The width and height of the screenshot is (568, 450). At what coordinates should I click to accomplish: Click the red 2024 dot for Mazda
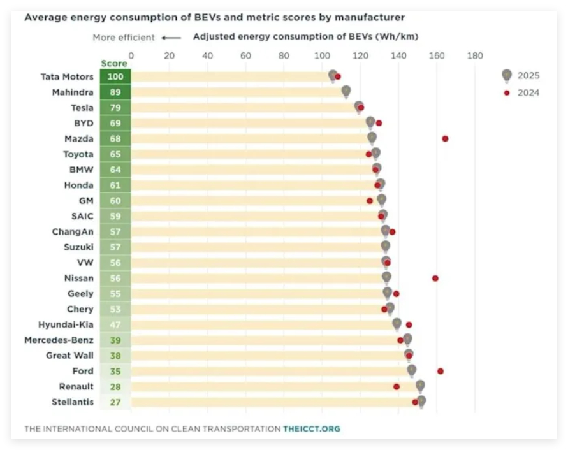point(445,139)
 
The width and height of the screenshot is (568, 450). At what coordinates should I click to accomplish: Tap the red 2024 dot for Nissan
point(435,279)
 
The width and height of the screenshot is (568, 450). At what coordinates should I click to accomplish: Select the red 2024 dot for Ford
point(440,371)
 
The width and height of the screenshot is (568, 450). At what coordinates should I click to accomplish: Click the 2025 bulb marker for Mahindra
point(346,92)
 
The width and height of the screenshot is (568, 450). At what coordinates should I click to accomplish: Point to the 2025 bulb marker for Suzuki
point(386,247)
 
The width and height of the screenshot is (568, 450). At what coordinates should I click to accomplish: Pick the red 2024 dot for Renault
point(397,387)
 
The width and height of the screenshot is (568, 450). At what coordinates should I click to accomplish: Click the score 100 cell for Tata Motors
point(115,76)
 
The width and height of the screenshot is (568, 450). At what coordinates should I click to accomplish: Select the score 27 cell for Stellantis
point(115,402)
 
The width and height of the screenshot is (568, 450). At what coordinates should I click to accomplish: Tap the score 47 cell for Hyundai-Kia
point(115,324)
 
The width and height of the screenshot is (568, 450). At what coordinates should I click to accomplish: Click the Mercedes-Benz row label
point(59,340)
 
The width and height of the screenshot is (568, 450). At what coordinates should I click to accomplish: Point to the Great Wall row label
point(69,356)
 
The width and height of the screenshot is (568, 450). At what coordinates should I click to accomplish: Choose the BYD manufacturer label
point(84,123)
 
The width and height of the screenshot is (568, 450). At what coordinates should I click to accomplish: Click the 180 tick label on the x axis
point(475,56)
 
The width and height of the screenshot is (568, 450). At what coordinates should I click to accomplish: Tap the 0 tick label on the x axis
point(131,56)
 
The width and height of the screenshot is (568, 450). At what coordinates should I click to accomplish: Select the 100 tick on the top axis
point(322,56)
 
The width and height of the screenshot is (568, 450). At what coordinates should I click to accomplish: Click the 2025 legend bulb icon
point(507,76)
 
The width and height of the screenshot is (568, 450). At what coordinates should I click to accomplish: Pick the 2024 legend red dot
point(507,93)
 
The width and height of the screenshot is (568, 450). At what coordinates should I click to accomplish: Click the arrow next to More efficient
point(171,38)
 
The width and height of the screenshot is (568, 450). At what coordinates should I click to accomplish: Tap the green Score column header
point(114,63)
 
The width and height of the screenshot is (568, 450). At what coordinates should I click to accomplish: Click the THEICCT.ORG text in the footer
point(312,428)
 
